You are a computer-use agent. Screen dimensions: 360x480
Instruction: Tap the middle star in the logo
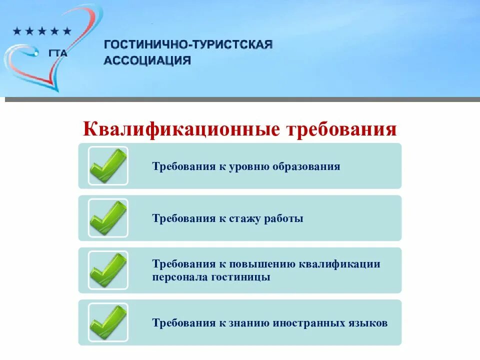(x=42, y=31)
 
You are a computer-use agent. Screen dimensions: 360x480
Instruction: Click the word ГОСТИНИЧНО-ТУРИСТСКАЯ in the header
(x=188, y=45)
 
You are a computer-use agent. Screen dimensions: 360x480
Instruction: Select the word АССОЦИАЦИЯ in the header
(x=147, y=60)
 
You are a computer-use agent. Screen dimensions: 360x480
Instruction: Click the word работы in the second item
(x=285, y=218)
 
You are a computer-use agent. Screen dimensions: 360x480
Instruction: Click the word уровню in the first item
(x=250, y=166)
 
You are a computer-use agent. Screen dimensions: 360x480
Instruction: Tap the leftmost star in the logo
(x=16, y=31)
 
